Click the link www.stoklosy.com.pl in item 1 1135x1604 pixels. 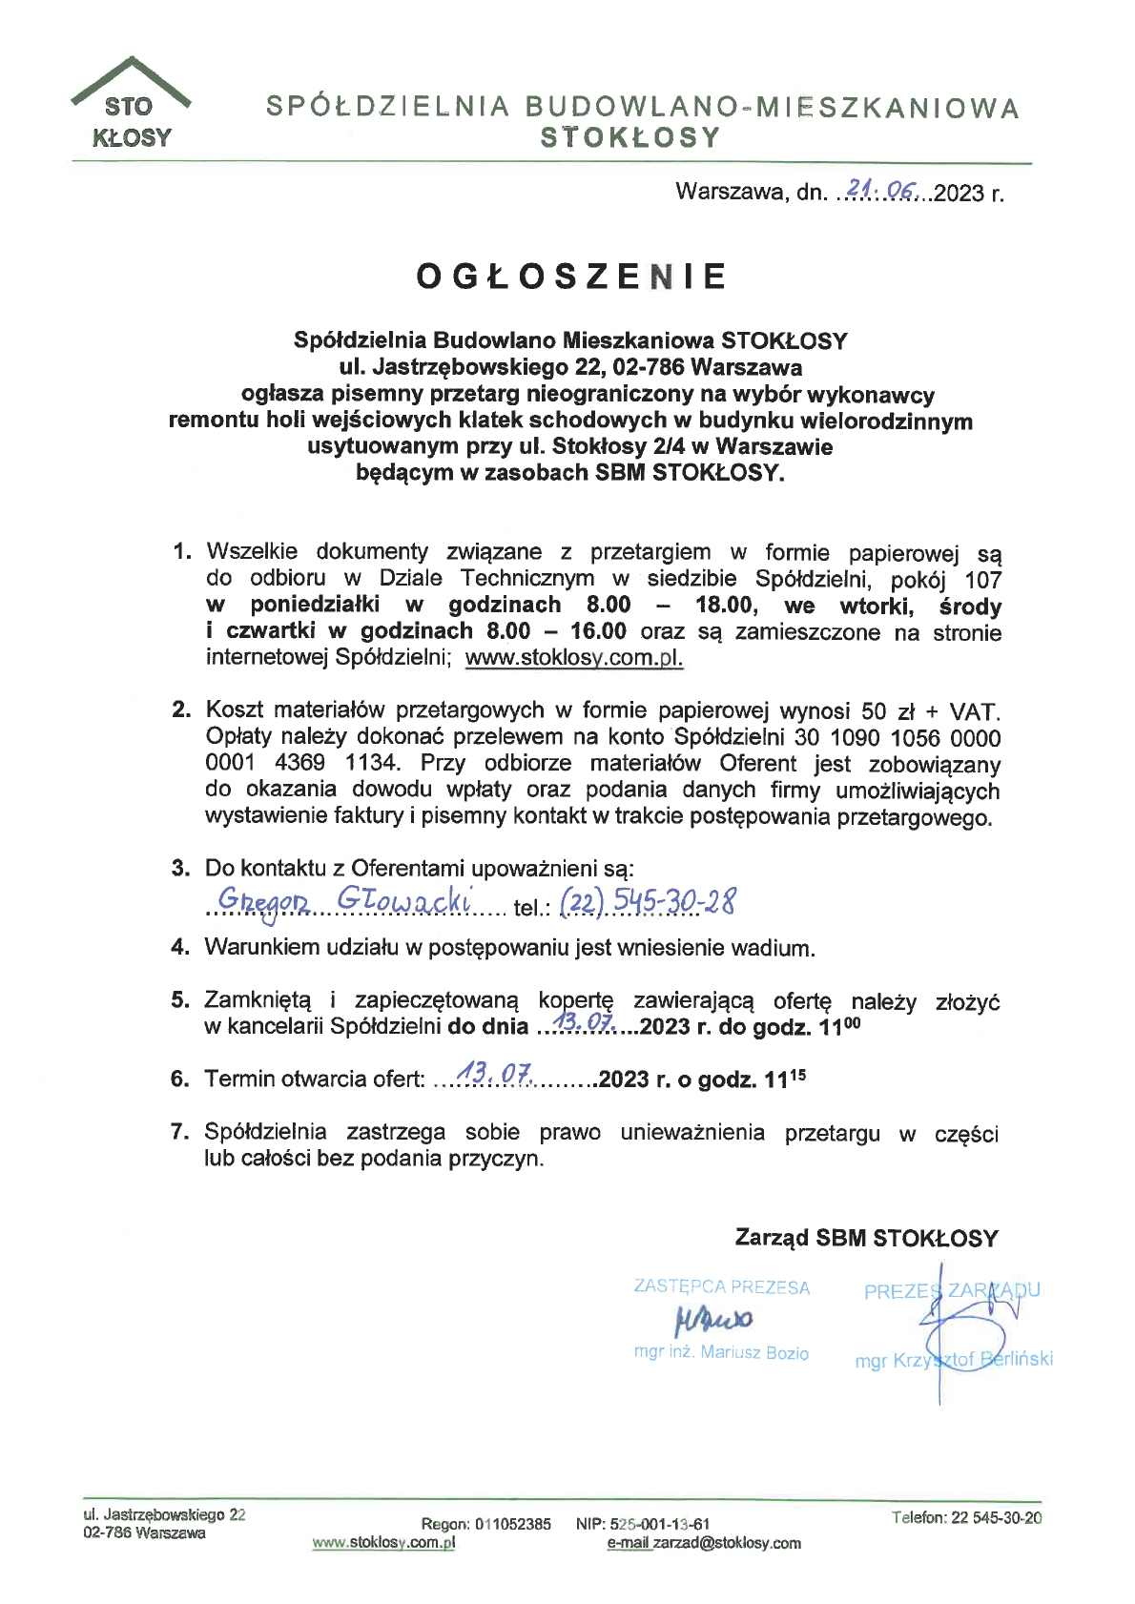[574, 658]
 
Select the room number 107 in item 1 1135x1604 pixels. [982, 580]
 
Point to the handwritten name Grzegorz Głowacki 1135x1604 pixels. [344, 900]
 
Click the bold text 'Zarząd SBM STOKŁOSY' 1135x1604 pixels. [866, 1238]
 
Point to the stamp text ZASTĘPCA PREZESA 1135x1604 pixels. [722, 1287]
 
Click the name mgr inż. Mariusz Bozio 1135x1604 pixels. [721, 1352]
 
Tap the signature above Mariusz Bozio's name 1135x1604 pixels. [713, 1320]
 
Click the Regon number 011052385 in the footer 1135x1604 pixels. [513, 1524]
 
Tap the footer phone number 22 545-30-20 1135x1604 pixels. [996, 1517]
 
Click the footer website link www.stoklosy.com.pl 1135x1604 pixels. [383, 1542]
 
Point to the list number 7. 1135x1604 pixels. [178, 1132]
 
